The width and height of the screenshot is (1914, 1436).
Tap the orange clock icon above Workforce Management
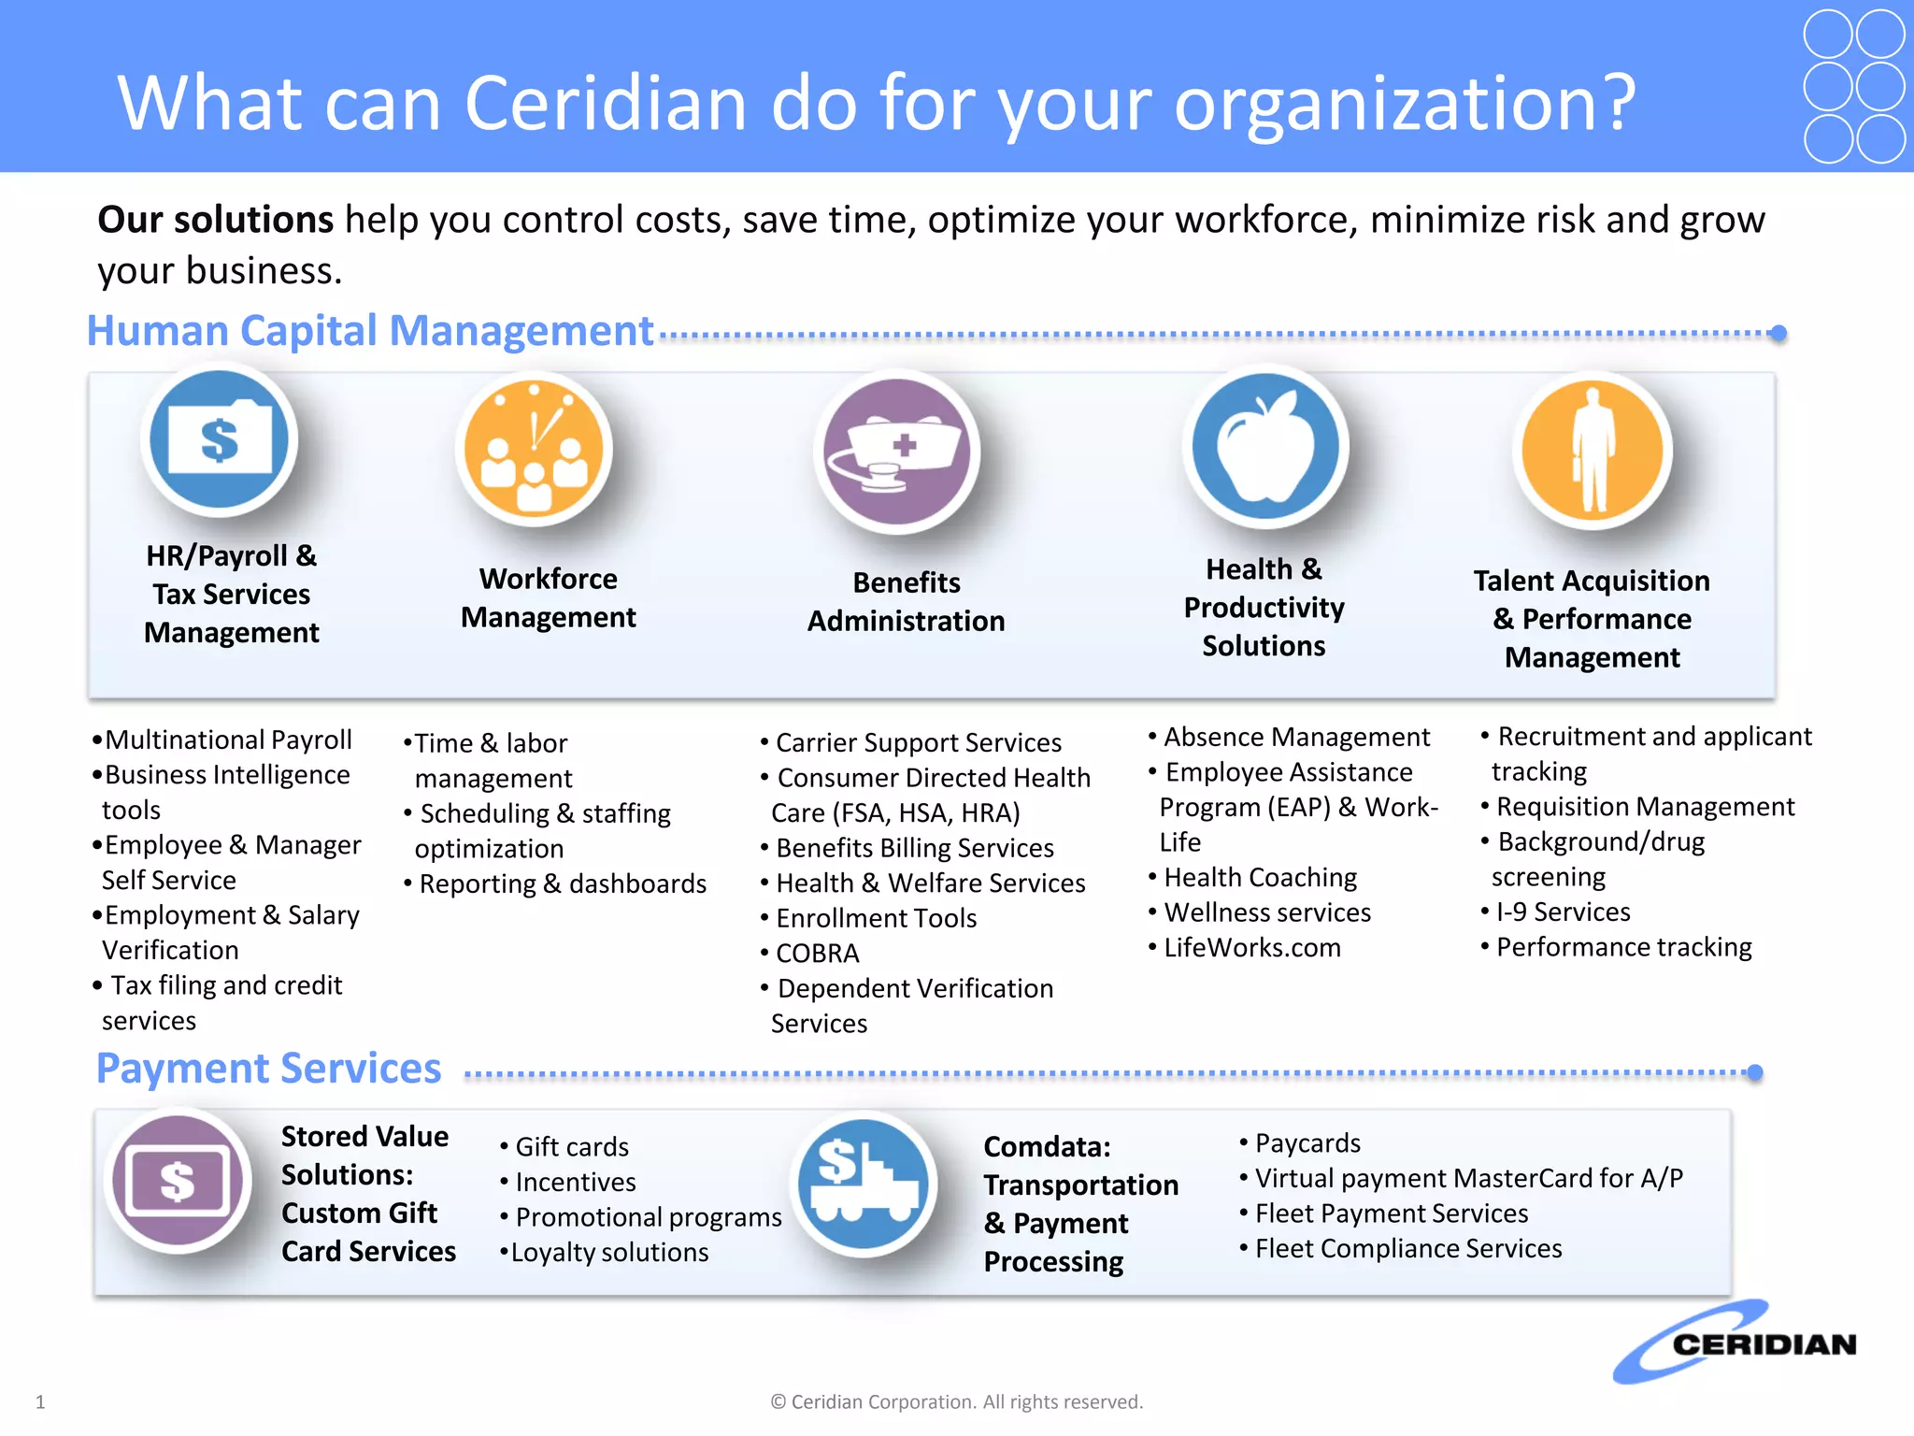[x=534, y=450]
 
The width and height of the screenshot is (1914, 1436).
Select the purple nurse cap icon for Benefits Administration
[x=896, y=452]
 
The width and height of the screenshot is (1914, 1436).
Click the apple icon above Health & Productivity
[x=1265, y=447]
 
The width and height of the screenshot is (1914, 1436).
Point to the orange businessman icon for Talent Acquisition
[x=1593, y=451]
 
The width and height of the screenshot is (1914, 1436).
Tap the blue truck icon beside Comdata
[x=864, y=1185]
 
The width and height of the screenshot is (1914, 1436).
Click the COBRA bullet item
[x=817, y=954]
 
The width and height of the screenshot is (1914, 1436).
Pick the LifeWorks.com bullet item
[x=1251, y=948]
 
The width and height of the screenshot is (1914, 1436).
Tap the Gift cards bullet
[x=571, y=1147]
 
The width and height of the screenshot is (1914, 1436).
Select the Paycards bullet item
[x=1307, y=1143]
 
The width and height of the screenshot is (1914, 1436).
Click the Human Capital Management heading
[x=370, y=332]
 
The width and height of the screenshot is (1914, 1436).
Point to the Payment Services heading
[x=269, y=1069]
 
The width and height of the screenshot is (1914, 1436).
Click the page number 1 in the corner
[x=40, y=1401]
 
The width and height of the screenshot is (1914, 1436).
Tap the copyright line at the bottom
[x=956, y=1401]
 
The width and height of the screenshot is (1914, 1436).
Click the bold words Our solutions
[x=216, y=221]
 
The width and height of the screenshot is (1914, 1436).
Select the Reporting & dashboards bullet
[x=562, y=884]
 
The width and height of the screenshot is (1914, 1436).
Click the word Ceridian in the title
[x=606, y=103]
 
